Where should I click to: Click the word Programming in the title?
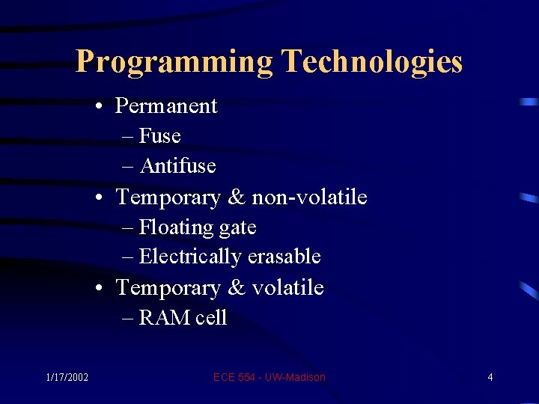[x=174, y=61]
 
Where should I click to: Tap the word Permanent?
[x=166, y=106]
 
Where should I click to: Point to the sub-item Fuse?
[x=159, y=136]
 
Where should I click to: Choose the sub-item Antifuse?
[x=177, y=165]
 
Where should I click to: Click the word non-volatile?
[x=309, y=197]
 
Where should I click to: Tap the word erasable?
[x=284, y=257]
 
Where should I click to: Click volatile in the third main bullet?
[x=287, y=287]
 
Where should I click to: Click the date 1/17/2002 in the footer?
[x=67, y=377]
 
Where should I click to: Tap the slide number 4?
[x=490, y=377]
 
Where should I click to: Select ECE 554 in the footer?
[x=234, y=377]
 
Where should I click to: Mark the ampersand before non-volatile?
[x=237, y=198]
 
